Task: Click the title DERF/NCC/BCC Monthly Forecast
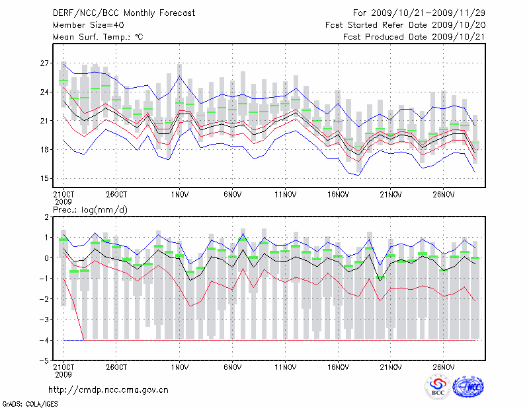click(124, 13)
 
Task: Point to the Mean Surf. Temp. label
click(98, 37)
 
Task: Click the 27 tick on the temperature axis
click(45, 63)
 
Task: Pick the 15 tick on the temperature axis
click(45, 178)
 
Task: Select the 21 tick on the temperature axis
click(45, 121)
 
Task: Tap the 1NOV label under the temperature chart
click(179, 195)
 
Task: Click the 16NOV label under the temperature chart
click(337, 195)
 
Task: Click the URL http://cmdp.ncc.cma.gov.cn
click(108, 390)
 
